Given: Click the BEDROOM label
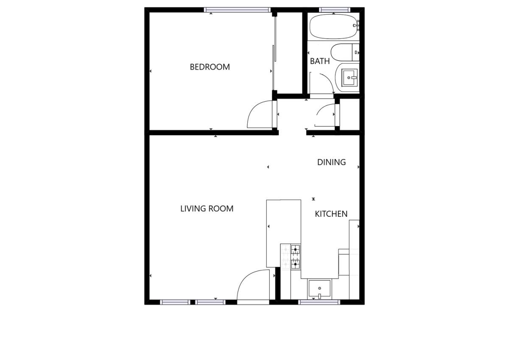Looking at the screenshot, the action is tap(210, 67).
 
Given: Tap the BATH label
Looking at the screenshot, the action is tap(320, 61).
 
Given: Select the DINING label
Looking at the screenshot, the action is tap(331, 162).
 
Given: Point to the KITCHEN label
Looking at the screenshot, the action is tap(331, 214).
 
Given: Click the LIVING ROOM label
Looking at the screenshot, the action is tap(207, 209).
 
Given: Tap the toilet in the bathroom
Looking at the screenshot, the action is tap(345, 53).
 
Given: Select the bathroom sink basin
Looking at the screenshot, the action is tap(350, 78).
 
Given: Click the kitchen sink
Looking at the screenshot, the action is tap(319, 288).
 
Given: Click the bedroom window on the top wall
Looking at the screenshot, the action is tap(238, 10).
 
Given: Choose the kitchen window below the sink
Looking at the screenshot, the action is tap(319, 302).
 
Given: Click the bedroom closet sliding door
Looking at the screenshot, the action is tap(274, 52).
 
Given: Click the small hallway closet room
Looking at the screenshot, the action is tap(350, 114).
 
